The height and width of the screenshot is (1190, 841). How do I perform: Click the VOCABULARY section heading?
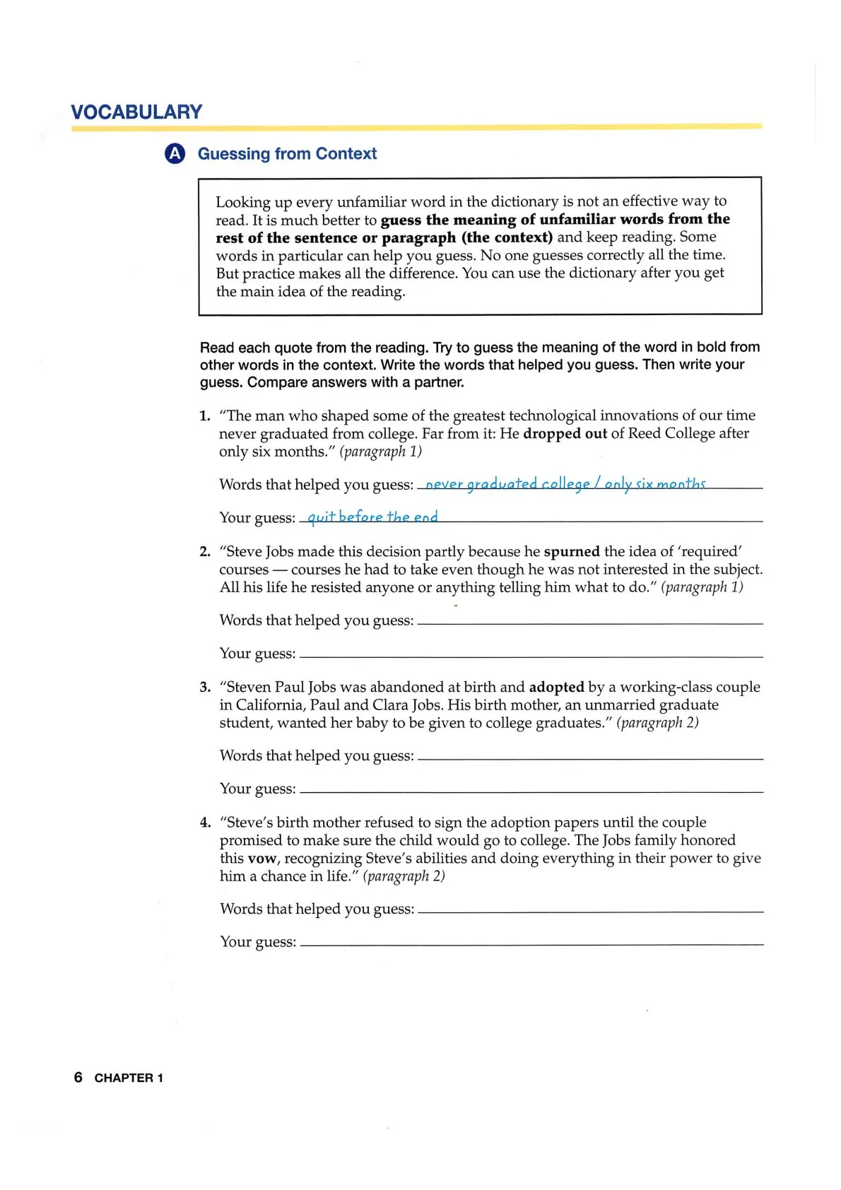tap(136, 112)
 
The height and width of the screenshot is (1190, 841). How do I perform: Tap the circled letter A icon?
tap(175, 153)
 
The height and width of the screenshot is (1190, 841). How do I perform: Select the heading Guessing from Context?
tap(287, 154)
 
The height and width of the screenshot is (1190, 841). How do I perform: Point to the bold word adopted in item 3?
tap(556, 687)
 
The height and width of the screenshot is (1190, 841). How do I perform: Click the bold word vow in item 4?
tap(261, 859)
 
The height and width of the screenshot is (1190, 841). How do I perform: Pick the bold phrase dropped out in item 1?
tap(565, 433)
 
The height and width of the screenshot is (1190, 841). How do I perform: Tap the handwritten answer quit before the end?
tap(372, 517)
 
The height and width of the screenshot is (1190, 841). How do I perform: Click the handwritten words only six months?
tap(655, 484)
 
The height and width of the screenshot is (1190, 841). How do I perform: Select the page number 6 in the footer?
tap(78, 1078)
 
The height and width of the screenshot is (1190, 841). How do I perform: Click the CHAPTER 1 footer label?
tap(129, 1078)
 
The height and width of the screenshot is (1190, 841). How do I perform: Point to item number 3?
tap(205, 687)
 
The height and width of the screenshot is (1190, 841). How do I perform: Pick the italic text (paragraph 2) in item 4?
tap(404, 876)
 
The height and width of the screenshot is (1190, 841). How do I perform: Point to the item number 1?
tap(204, 416)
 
